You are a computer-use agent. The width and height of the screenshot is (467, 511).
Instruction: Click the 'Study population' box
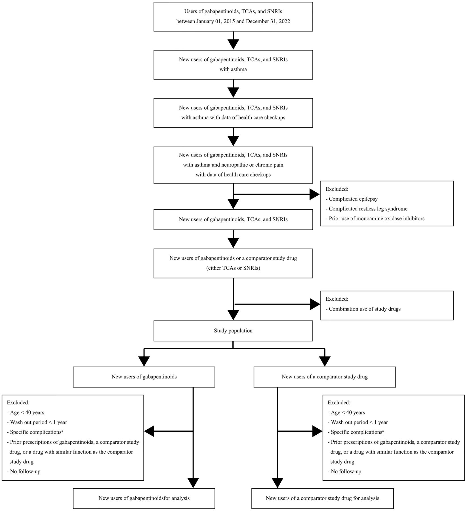tap(233, 331)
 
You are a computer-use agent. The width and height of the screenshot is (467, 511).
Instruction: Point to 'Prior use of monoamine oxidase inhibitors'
tap(375, 219)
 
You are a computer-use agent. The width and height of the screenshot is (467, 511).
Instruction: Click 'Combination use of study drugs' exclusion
tap(363, 309)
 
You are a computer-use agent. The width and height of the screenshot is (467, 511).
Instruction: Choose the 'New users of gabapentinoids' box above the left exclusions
tap(144, 377)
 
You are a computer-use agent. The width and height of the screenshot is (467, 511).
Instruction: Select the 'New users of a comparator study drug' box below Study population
tap(325, 377)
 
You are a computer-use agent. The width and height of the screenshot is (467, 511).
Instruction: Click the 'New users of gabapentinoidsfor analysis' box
tap(144, 498)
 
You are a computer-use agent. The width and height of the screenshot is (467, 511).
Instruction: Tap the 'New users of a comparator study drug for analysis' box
tap(323, 498)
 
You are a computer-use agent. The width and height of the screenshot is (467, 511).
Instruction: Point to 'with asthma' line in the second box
tap(233, 69)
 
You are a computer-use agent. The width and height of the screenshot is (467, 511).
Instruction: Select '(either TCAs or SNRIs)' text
tap(233, 268)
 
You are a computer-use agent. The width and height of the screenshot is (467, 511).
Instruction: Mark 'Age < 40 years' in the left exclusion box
tap(26, 412)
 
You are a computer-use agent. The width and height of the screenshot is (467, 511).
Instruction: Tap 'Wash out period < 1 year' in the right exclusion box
tap(358, 422)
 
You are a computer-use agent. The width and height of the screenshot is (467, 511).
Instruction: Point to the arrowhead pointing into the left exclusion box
tap(150, 431)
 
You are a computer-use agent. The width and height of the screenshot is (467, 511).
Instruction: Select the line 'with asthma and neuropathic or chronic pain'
tap(233, 165)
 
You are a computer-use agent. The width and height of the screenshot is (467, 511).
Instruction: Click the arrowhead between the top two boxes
tap(233, 44)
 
